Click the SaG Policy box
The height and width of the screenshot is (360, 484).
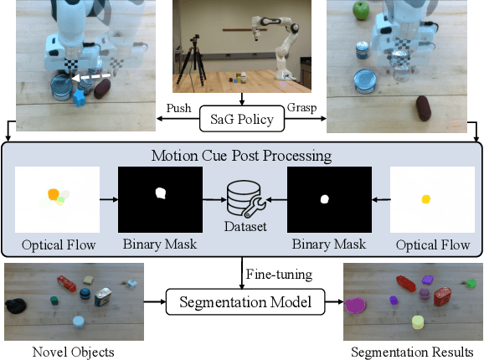[x=242, y=119]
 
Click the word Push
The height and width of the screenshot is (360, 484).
[x=180, y=108]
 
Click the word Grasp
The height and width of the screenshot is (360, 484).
[x=302, y=108]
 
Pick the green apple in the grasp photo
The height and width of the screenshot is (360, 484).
[x=360, y=11]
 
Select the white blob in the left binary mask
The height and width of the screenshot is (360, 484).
[x=160, y=194]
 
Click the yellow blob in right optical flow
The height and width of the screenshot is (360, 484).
[x=426, y=199]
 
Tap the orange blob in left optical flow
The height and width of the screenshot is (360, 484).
[x=54, y=195]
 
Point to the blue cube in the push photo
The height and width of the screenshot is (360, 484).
[x=79, y=99]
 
